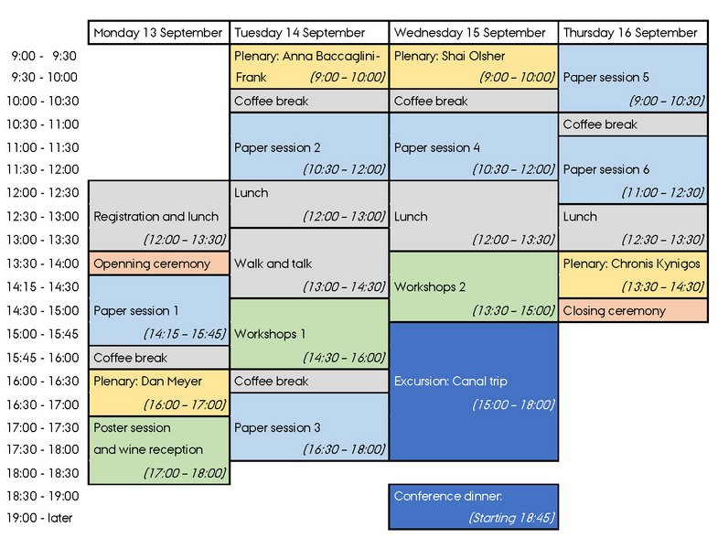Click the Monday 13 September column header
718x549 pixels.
[159, 33]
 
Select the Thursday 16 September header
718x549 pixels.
[631, 33]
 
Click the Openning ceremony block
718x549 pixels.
[159, 264]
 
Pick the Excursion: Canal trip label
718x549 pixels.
[450, 381]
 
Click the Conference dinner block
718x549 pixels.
[473, 506]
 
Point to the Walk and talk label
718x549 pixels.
[273, 264]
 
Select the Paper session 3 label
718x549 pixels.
[277, 427]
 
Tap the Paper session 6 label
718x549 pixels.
[606, 169]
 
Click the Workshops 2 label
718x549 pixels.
[430, 287]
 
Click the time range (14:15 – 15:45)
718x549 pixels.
[184, 334]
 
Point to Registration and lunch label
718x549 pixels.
[156, 217]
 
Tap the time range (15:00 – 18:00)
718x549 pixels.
[512, 404]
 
